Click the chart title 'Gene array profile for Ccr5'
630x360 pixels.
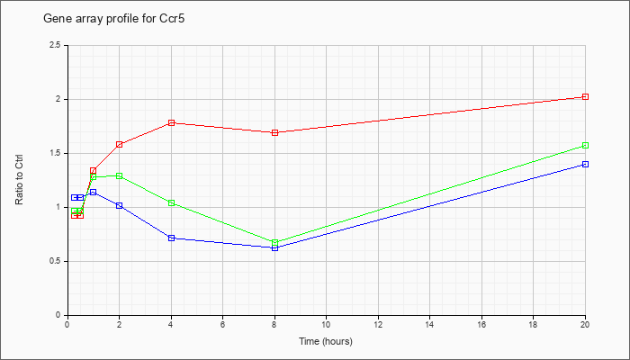(x=114, y=19)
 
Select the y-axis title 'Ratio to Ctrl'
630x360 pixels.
(x=19, y=179)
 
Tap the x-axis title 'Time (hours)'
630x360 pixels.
(x=326, y=341)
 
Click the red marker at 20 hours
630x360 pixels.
(x=585, y=97)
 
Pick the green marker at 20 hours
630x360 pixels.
(x=585, y=146)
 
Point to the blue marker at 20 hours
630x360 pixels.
(x=585, y=165)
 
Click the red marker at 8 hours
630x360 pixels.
(x=274, y=132)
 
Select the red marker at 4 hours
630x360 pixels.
(x=171, y=123)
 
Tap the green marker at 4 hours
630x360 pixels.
(x=171, y=202)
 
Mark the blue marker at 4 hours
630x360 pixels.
(x=171, y=238)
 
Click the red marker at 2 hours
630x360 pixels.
(x=120, y=144)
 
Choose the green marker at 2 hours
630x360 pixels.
(x=120, y=176)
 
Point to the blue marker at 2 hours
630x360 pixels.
(x=120, y=206)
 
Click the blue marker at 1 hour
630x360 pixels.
(x=94, y=192)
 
